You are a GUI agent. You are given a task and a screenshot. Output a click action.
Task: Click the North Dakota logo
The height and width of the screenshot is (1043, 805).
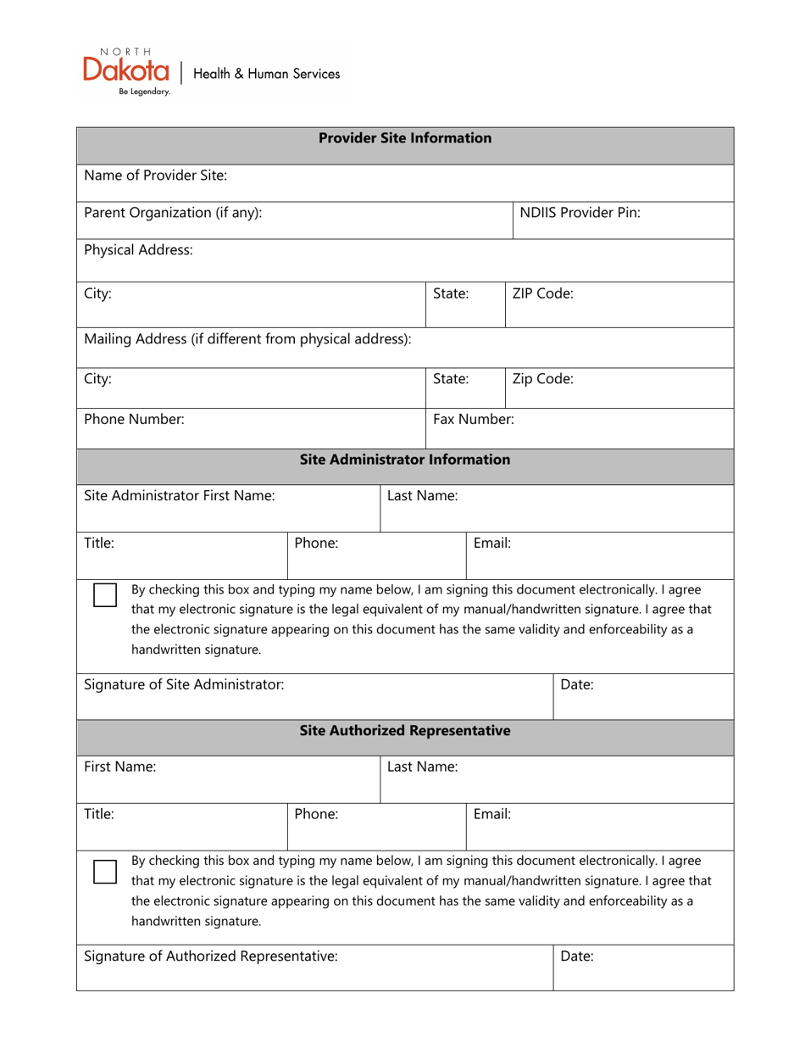pyautogui.click(x=126, y=71)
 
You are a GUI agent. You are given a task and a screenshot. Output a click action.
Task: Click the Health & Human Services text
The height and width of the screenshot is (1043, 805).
pyautogui.click(x=267, y=74)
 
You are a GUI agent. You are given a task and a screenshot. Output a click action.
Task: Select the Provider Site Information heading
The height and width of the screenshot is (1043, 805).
pyautogui.click(x=405, y=138)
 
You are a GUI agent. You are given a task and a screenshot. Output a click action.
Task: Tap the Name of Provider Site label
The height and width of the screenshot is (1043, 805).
pyautogui.click(x=156, y=176)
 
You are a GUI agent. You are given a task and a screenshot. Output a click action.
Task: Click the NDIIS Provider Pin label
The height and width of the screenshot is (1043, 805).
pyautogui.click(x=580, y=213)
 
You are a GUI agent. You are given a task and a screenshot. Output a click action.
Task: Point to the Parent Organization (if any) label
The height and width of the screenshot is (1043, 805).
pyautogui.click(x=173, y=213)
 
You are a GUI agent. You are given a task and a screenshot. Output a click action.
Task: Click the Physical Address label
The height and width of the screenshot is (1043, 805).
pyautogui.click(x=138, y=250)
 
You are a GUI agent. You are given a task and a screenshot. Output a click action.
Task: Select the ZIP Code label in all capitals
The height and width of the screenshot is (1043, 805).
pyautogui.click(x=542, y=294)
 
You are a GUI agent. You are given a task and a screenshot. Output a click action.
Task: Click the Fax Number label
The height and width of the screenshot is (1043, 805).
pyautogui.click(x=473, y=419)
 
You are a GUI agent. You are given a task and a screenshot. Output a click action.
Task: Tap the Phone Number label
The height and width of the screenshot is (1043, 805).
pyautogui.click(x=134, y=419)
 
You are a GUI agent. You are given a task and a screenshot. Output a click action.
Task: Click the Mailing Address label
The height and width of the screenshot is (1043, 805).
pyautogui.click(x=247, y=339)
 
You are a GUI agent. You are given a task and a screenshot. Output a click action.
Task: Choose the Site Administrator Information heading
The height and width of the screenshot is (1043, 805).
pyautogui.click(x=405, y=460)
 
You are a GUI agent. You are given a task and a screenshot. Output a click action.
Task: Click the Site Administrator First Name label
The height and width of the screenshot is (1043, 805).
pyautogui.click(x=180, y=496)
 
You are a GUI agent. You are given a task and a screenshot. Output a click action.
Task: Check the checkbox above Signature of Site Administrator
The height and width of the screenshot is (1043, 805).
pyautogui.click(x=105, y=595)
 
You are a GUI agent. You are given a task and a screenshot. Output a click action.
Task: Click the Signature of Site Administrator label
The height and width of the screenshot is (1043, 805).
pyautogui.click(x=184, y=683)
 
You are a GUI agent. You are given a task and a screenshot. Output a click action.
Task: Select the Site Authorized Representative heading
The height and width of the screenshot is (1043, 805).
pyautogui.click(x=405, y=731)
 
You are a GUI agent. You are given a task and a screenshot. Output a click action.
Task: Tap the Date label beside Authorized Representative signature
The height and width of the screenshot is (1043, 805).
pyautogui.click(x=577, y=957)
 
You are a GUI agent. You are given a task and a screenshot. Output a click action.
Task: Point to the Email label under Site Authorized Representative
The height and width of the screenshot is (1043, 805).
pyautogui.click(x=491, y=814)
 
